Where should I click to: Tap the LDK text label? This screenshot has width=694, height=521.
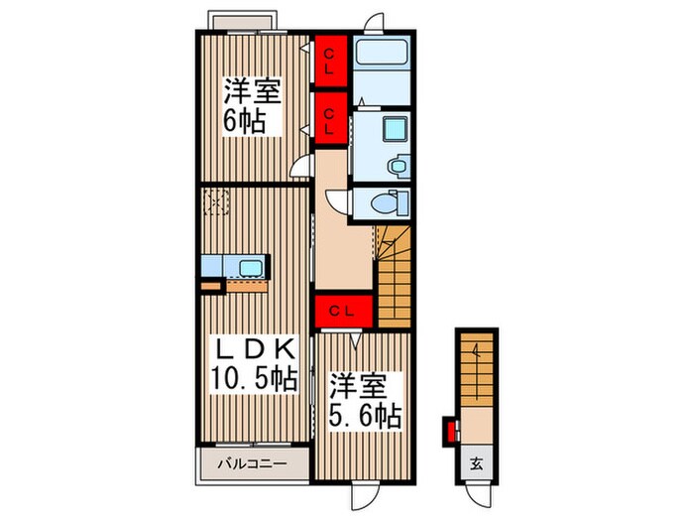tap(253, 349)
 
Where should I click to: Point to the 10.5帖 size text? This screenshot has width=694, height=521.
tap(253, 379)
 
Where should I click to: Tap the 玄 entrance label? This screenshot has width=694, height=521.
tap(476, 463)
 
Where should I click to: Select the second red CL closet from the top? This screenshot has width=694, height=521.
tap(330, 118)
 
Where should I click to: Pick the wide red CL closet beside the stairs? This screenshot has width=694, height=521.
tap(342, 311)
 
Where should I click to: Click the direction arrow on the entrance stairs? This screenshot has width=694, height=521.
tap(477, 354)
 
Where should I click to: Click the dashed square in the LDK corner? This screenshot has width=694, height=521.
tap(215, 202)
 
